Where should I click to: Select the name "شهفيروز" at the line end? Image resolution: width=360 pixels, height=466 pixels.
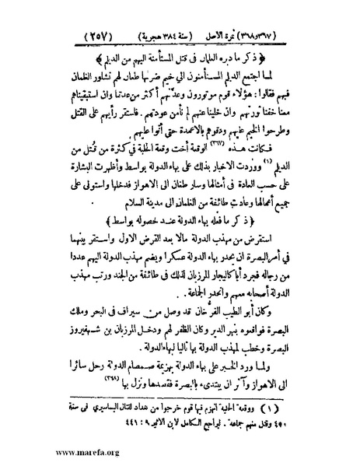click(81, 339)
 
